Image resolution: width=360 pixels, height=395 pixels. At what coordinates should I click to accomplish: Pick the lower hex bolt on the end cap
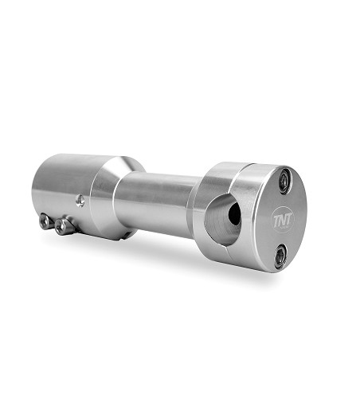click(280, 256)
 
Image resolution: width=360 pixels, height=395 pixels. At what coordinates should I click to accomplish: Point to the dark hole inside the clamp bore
click(232, 213)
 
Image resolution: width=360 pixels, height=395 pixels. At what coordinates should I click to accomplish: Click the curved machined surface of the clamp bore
click(223, 227)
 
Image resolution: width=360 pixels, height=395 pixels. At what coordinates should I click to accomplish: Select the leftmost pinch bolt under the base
click(46, 222)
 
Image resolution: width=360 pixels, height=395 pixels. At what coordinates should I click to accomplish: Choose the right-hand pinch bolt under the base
click(63, 226)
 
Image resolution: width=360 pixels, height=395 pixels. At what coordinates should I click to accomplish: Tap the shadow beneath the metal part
click(183, 255)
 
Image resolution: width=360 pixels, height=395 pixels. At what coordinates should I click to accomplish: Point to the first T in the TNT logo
click(276, 218)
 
